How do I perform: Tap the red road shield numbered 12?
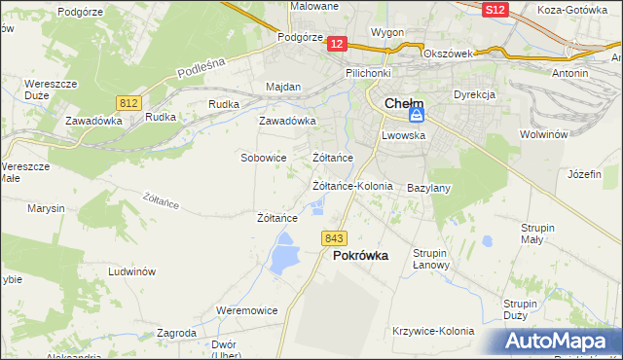click(x=337, y=44)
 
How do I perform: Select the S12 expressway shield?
click(x=495, y=9)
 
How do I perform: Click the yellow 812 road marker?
click(x=128, y=102)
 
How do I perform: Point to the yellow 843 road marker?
click(x=334, y=238)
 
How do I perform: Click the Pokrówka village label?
click(x=360, y=256)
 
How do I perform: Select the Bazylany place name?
click(x=428, y=187)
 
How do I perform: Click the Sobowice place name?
click(x=263, y=157)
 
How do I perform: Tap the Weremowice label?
click(x=246, y=310)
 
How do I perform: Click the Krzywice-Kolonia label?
click(x=433, y=331)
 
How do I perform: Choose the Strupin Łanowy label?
click(x=430, y=259)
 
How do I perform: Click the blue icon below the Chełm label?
click(x=416, y=116)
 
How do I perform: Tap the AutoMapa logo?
click(x=561, y=342)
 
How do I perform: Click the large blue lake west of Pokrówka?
click(x=283, y=258)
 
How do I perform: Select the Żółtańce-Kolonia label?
click(x=351, y=185)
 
